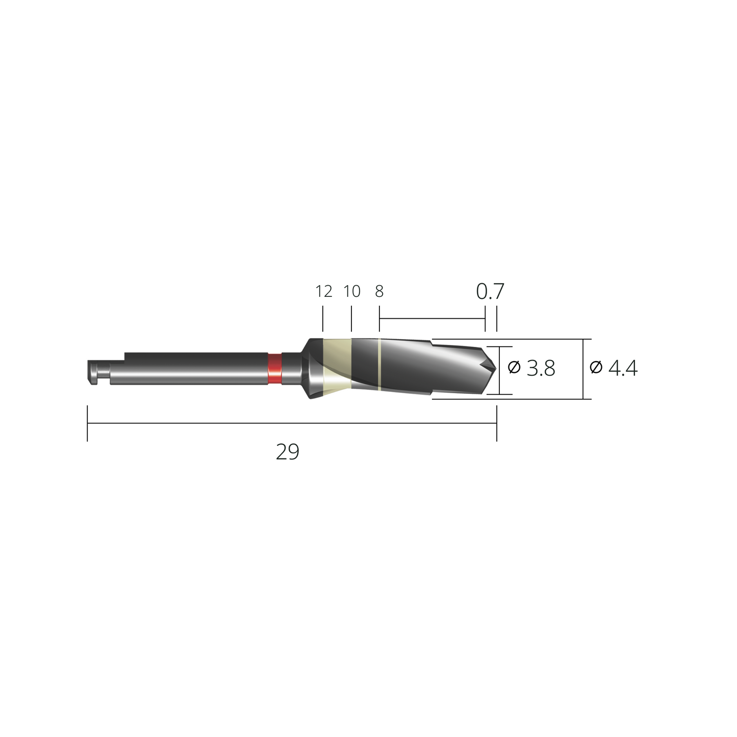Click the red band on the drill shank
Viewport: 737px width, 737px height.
(274, 368)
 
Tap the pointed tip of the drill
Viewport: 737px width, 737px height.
(496, 368)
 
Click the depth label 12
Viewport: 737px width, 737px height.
(323, 291)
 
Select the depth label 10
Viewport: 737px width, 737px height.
(352, 291)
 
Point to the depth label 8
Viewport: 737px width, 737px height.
(379, 291)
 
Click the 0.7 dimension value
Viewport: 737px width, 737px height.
(490, 291)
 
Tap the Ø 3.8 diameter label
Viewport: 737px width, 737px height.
(531, 368)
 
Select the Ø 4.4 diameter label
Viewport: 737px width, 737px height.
(614, 368)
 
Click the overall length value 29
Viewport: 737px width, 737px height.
(287, 452)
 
